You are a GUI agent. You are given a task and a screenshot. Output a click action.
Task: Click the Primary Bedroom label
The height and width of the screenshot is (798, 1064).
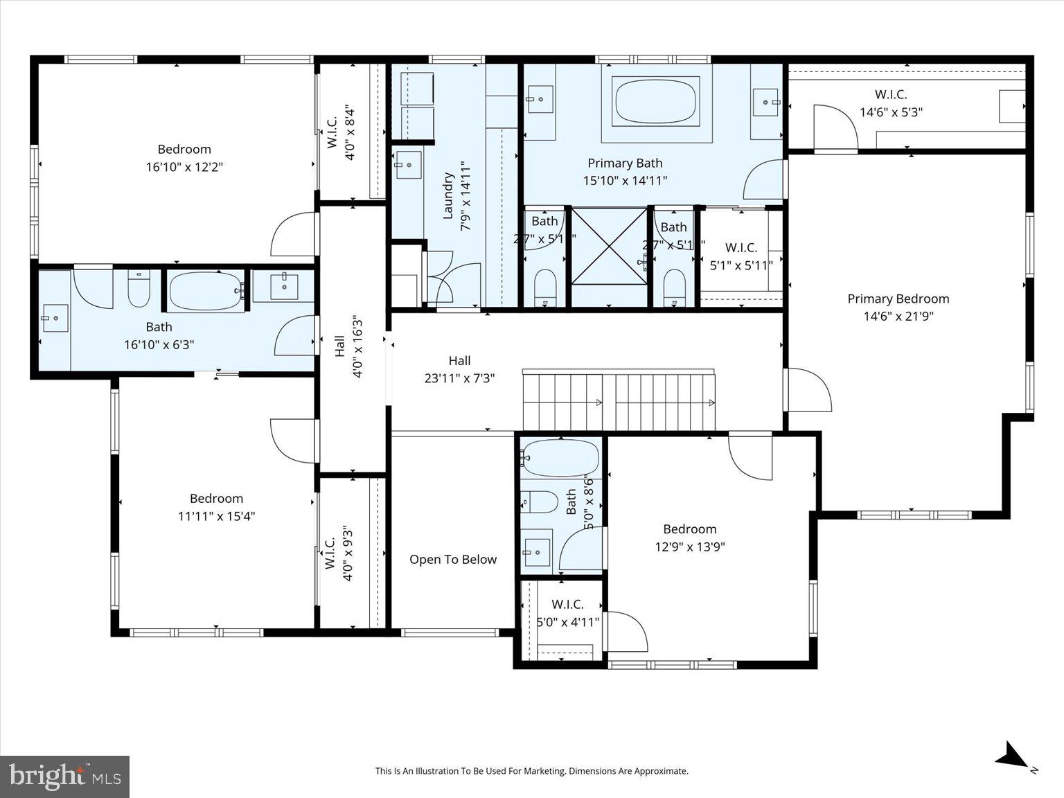(898, 299)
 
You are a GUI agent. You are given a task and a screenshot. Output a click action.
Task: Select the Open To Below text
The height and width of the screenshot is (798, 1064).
(452, 560)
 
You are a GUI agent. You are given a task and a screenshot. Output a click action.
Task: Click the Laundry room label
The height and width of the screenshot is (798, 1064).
(447, 196)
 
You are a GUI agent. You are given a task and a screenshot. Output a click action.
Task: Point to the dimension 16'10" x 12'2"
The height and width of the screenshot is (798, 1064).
(184, 167)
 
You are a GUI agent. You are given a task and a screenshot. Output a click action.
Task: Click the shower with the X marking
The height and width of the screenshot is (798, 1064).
(609, 256)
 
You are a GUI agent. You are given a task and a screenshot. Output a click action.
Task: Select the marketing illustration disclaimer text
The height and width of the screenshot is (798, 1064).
(531, 770)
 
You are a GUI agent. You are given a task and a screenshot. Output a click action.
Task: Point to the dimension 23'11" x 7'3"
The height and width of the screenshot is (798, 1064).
(459, 378)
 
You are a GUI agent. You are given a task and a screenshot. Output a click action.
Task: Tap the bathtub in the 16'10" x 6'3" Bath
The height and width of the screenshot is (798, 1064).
(206, 291)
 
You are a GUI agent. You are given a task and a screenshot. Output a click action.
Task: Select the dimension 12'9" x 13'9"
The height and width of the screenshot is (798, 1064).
(689, 547)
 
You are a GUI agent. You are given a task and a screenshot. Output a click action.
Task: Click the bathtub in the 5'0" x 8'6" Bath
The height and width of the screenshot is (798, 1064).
(560, 456)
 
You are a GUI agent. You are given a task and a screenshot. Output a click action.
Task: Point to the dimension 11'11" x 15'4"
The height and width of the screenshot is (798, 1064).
(216, 516)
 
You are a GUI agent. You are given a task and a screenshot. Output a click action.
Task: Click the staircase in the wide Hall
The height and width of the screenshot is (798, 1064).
(619, 400)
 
